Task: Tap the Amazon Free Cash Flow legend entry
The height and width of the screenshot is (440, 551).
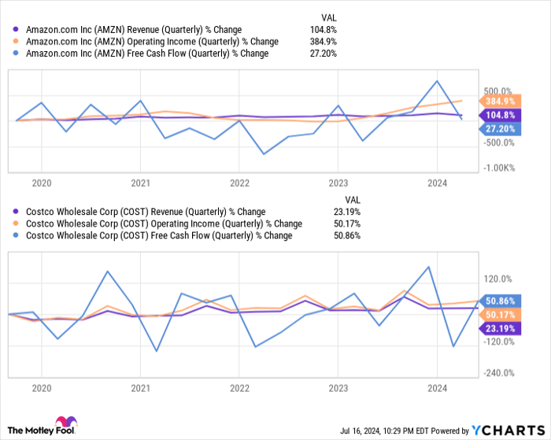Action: [146, 54]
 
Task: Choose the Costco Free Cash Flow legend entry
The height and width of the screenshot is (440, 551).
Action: [158, 235]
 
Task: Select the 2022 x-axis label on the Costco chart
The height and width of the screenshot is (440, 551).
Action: [240, 388]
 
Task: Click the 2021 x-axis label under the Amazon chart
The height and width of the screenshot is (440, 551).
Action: [140, 183]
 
